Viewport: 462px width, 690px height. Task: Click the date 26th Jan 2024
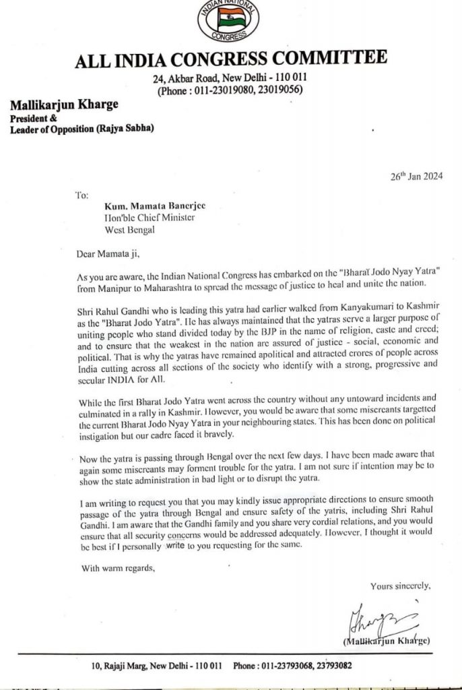point(416,177)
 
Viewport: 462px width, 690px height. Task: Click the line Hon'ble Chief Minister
point(149,218)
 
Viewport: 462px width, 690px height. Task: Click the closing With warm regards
point(118,567)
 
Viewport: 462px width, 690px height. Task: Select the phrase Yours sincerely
point(400,586)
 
